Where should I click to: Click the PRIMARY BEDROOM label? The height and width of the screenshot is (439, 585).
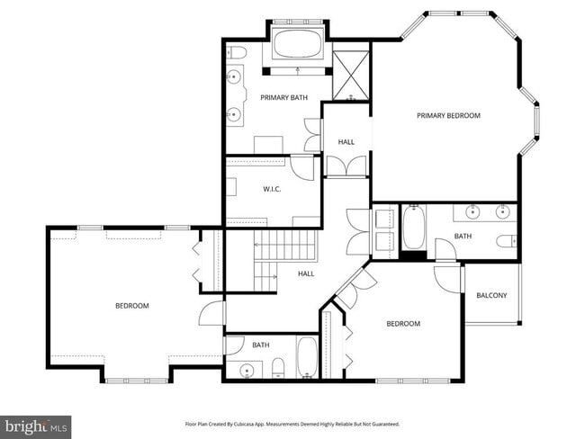448,115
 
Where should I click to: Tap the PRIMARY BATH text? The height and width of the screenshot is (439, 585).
282,97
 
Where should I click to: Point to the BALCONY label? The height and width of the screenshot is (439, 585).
491,295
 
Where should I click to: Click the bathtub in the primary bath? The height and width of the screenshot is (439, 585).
296,44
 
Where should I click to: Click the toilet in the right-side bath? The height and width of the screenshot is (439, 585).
507,240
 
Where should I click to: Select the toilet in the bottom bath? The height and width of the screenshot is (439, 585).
278,366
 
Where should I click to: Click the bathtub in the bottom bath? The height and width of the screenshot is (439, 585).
306,358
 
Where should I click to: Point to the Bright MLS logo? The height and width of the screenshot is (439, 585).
36,426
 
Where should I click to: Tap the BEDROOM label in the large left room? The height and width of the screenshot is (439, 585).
132,306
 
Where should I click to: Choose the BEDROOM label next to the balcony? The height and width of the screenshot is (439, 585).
403,324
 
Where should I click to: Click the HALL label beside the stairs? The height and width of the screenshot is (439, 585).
306,273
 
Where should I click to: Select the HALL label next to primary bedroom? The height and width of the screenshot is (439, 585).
346,142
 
